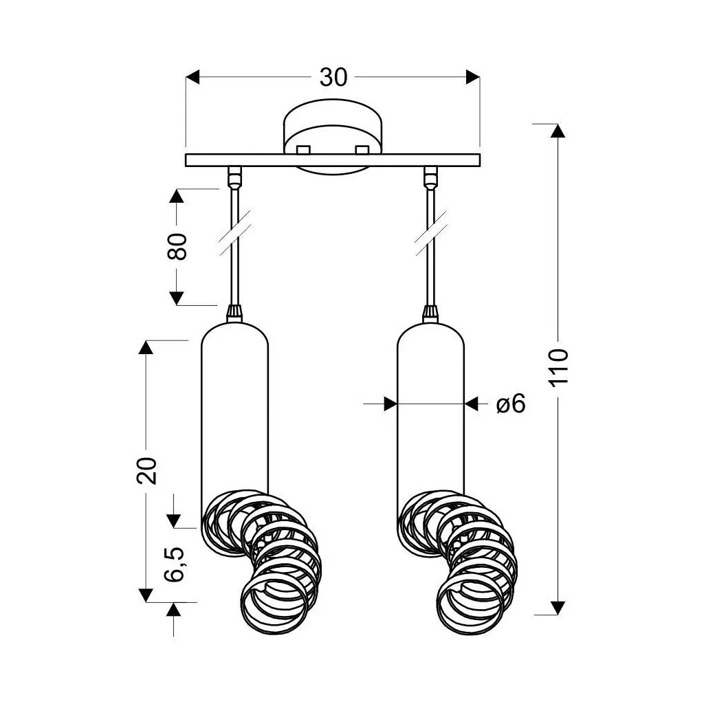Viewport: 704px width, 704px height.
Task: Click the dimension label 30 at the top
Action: coord(333,78)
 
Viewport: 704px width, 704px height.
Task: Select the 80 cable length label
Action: coord(177,246)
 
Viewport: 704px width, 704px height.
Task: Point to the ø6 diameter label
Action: coord(510,404)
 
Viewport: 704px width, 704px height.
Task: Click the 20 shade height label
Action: coord(147,470)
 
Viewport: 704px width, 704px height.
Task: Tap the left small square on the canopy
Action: coord(302,148)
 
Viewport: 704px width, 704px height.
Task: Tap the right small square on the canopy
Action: coord(362,148)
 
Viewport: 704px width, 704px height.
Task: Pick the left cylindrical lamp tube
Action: coord(234,412)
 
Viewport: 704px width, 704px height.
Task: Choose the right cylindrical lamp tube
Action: coord(431,412)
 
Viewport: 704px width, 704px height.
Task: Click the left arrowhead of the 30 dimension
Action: coord(193,77)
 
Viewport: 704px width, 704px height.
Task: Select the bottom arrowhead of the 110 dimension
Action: coord(558,607)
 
